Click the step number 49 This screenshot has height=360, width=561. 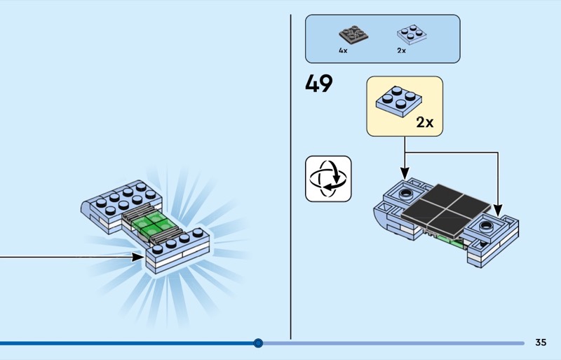point(319,84)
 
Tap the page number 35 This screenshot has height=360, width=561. point(541,342)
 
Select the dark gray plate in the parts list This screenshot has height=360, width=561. point(353,35)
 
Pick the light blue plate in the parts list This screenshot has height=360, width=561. point(412,34)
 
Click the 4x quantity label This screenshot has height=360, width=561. point(343,51)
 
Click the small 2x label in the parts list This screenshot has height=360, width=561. point(401,51)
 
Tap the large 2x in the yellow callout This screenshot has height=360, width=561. point(425,123)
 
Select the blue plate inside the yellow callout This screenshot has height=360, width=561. point(398,101)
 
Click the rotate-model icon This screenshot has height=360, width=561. point(328,179)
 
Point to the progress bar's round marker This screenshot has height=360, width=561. point(258,343)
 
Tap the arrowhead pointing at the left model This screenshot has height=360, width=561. point(138,257)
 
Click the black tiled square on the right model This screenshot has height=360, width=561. point(446,211)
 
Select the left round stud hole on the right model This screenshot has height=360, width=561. point(406,194)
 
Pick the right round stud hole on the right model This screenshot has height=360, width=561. point(486,226)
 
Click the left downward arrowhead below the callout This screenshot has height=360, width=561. point(405,173)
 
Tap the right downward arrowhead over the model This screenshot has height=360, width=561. point(498,211)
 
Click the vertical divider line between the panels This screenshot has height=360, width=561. point(290,177)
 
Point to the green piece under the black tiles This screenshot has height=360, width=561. point(448,241)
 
